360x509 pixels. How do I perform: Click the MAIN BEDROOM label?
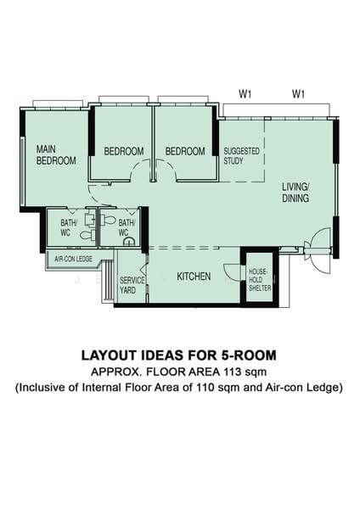[x=56, y=155]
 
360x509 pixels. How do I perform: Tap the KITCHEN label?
[x=194, y=277]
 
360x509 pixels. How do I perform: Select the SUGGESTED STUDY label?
[x=241, y=156]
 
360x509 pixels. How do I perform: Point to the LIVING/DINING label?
[x=295, y=193]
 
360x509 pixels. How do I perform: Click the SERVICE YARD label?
[x=132, y=285]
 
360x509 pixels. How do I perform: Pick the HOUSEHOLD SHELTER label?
[x=260, y=279]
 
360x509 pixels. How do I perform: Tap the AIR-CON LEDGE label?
[x=73, y=259]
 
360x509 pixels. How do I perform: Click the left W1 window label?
[x=245, y=94]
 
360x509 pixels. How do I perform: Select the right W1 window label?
[x=298, y=94]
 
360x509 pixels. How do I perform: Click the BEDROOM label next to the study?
[x=185, y=151]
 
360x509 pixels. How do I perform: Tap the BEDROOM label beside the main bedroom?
[x=124, y=151]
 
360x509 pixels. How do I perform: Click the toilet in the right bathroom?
[x=108, y=220]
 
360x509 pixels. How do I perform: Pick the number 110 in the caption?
[x=205, y=388]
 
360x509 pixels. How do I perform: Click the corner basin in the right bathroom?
[x=130, y=241]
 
